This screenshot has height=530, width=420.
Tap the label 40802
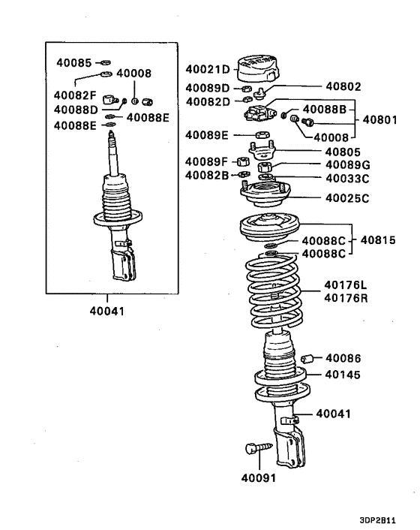[x=344, y=87]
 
